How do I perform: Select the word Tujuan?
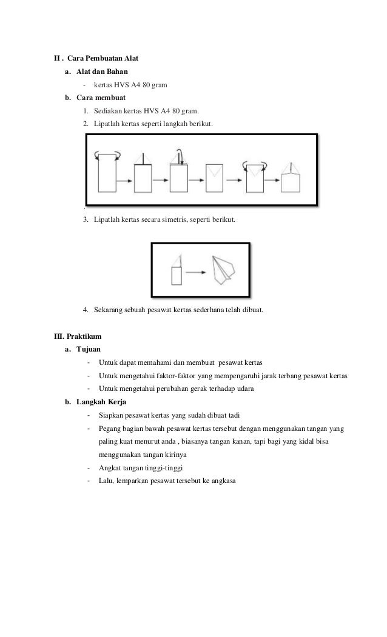pos(89,349)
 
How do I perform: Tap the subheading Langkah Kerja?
pos(101,402)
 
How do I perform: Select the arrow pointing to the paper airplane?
pos(195,272)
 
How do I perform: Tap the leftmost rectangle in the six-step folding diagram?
pos(106,173)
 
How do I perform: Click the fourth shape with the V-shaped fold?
pos(216,177)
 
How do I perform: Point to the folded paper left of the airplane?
pos(177,270)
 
